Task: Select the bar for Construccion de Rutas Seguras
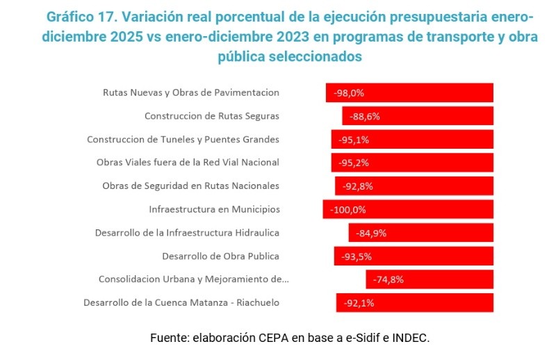418,116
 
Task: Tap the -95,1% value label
354,140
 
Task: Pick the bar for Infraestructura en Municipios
408,209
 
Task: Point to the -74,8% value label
388,279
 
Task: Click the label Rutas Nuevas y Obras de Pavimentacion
191,92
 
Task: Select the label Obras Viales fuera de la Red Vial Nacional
188,163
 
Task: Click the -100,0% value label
348,209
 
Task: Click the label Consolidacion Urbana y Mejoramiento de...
193,279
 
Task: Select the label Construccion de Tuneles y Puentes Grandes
183,139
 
